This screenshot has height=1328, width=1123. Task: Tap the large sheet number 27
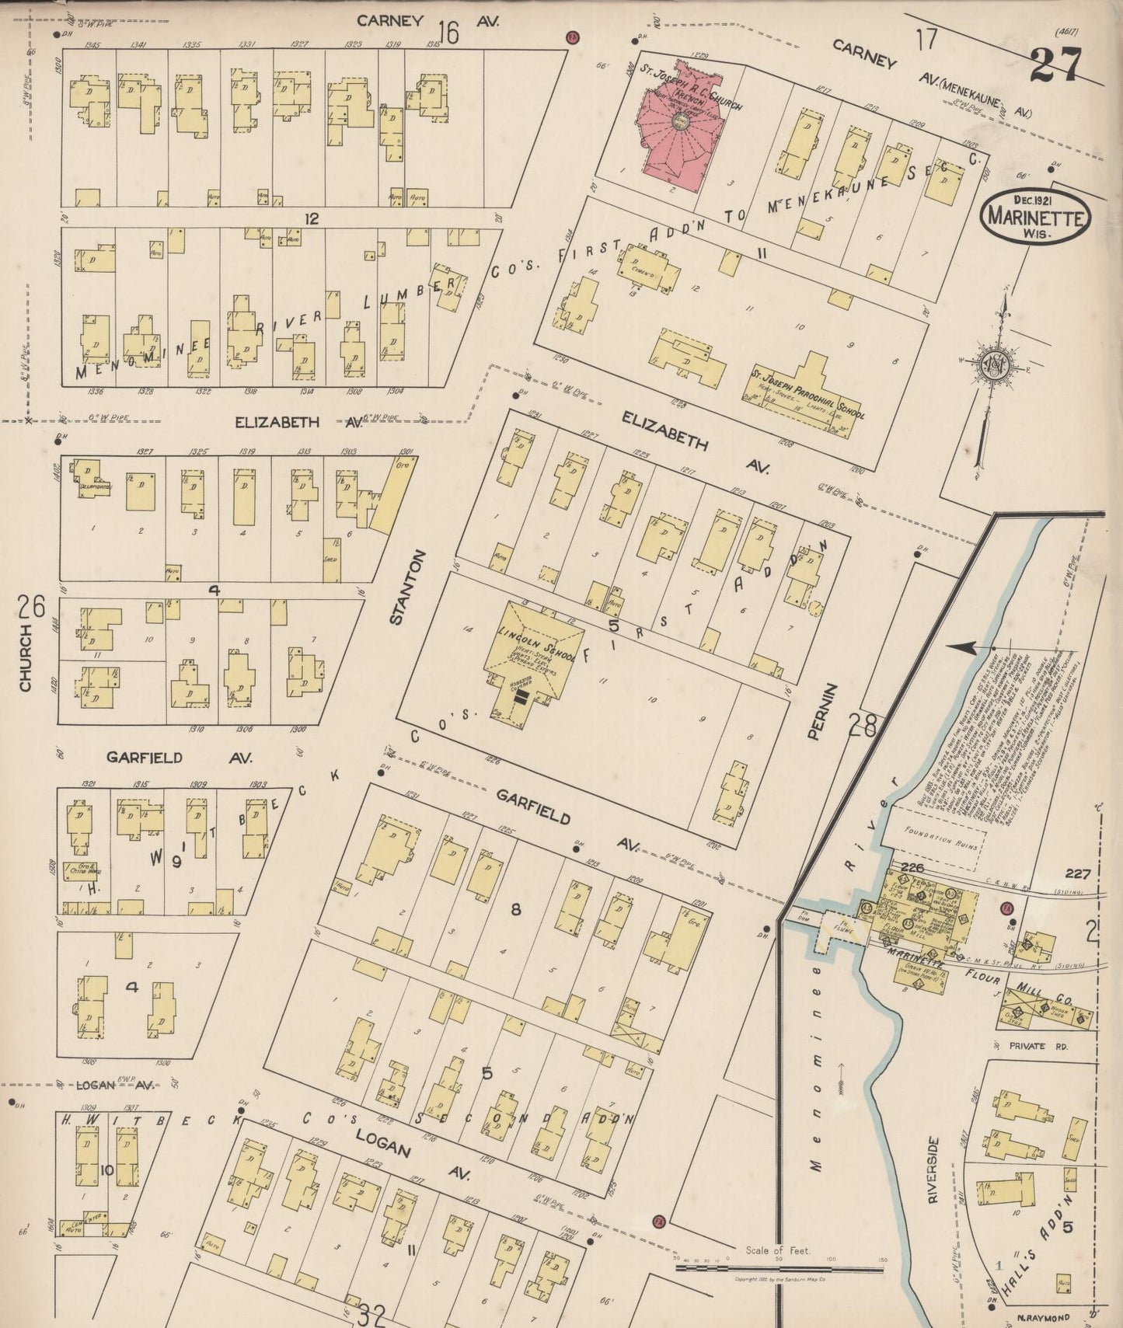tap(1055, 64)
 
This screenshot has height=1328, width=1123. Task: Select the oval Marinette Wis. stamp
tap(1035, 216)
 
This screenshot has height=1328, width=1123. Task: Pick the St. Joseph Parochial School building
tap(808, 396)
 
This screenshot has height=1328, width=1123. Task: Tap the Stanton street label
tap(419, 587)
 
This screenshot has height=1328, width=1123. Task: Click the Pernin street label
tap(812, 710)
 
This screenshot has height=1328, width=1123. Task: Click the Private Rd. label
tap(1039, 1047)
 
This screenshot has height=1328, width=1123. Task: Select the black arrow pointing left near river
tap(966, 647)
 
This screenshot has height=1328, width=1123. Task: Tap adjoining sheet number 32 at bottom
tap(372, 1315)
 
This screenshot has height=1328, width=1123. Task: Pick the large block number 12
tap(312, 219)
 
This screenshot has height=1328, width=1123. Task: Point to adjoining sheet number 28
tap(863, 726)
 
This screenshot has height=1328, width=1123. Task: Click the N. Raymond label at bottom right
tap(1042, 1317)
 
